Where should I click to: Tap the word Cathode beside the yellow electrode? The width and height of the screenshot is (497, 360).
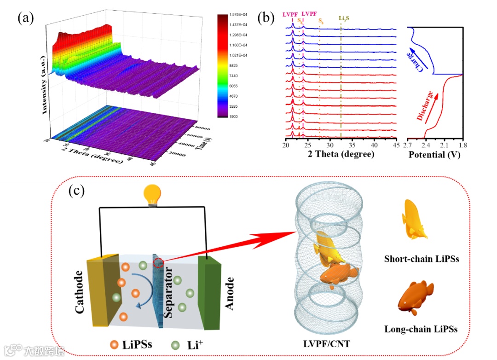(x=80, y=292)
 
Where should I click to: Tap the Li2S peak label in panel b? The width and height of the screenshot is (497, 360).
(x=345, y=19)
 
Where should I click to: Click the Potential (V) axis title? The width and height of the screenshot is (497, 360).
(x=434, y=155)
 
